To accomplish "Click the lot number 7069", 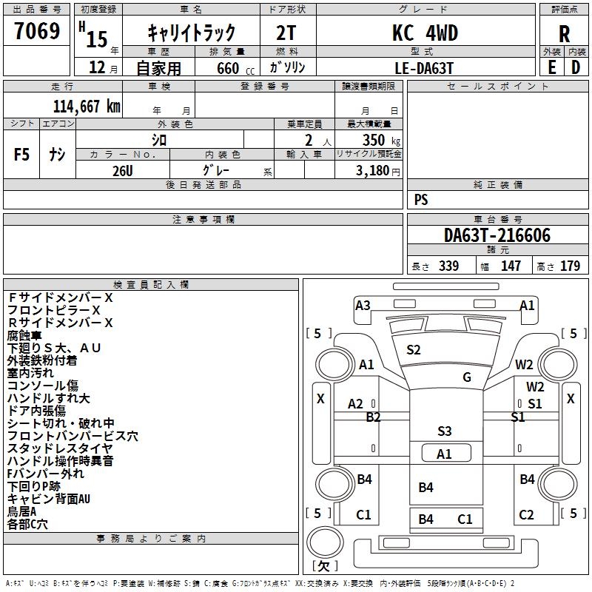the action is [x=37, y=33].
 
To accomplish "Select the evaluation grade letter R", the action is [x=564, y=34].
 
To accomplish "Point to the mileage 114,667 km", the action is [x=87, y=107].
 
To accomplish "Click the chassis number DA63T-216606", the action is [x=497, y=236].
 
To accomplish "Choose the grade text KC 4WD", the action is [x=425, y=33].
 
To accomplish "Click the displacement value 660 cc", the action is [x=225, y=68].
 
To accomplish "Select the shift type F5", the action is [x=21, y=155].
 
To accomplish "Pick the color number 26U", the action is [x=122, y=170].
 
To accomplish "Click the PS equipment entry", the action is [x=421, y=200].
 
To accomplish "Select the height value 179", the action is [x=570, y=266].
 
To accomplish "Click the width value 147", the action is [x=511, y=266].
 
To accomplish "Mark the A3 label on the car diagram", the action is [x=363, y=305].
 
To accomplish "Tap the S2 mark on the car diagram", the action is [x=414, y=350].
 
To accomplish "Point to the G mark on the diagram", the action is [x=467, y=377].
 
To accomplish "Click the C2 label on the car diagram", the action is [x=526, y=515].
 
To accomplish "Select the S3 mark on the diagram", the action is [x=444, y=431].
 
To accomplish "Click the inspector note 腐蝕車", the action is [x=24, y=335].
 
